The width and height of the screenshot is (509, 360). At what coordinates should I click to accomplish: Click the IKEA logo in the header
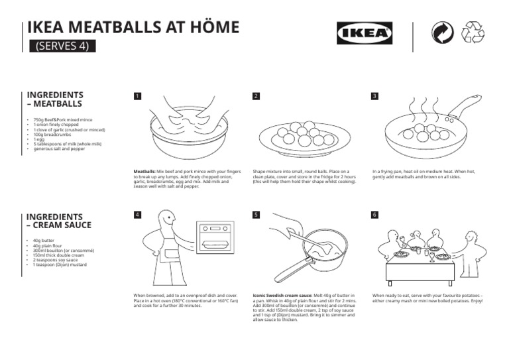pyautogui.click(x=364, y=33)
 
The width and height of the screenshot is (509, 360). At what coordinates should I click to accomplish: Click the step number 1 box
pyautogui.click(x=137, y=96)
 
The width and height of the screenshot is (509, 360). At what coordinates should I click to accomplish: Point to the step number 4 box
pyautogui.click(x=137, y=215)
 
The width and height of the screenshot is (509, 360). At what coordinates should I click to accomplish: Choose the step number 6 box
pyautogui.click(x=375, y=215)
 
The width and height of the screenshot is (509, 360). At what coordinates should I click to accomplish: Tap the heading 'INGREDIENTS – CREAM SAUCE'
pyautogui.click(x=58, y=221)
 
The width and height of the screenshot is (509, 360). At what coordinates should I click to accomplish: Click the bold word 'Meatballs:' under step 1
pyautogui.click(x=144, y=171)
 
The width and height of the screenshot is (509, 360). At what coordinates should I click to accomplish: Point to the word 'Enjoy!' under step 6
pyautogui.click(x=476, y=301)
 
